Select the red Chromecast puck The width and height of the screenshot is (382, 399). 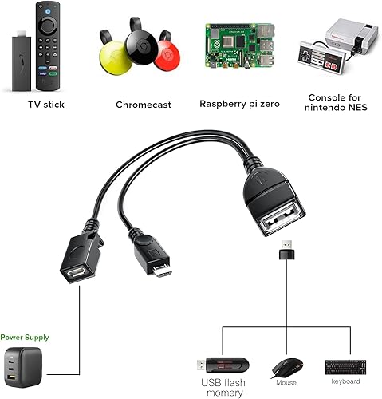[x=166, y=57]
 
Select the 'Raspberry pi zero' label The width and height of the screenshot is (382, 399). [x=239, y=104]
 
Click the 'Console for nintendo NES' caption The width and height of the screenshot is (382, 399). [x=336, y=105]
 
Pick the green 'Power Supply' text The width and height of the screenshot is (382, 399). [x=25, y=338]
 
